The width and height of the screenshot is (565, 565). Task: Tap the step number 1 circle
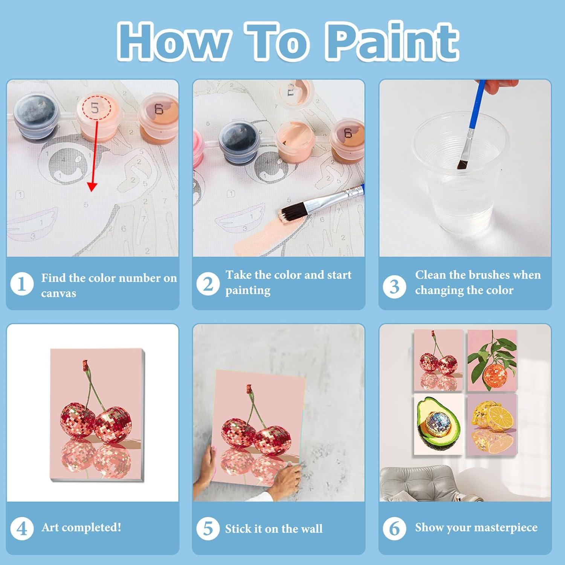[22, 284]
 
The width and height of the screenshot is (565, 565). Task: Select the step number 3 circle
[394, 286]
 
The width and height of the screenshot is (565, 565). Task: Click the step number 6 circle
[394, 528]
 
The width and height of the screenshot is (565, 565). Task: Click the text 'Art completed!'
[81, 527]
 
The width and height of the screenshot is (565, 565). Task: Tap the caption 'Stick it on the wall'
[274, 528]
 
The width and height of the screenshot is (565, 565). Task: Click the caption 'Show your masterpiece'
[476, 527]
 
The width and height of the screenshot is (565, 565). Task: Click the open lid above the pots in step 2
[294, 92]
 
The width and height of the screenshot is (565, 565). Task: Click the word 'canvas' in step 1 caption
[58, 293]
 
